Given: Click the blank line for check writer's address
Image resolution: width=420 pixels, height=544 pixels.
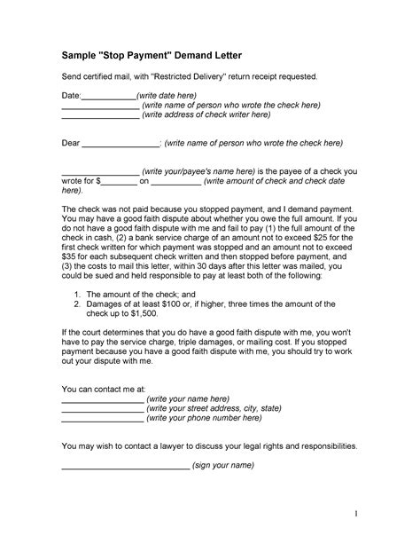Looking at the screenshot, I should tap(100, 114).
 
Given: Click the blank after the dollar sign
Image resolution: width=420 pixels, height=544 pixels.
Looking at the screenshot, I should tap(117, 179).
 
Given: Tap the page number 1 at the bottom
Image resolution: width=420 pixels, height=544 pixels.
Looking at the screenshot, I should tap(354, 513).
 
